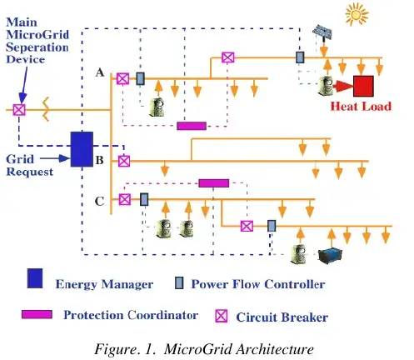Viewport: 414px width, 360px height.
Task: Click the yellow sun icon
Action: pyautogui.click(x=380, y=15)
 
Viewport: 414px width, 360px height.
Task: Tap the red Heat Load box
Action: pyautogui.click(x=363, y=86)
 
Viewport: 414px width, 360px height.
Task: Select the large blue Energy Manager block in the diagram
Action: pyautogui.click(x=81, y=149)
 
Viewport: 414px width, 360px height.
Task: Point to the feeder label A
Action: pyautogui.click(x=100, y=73)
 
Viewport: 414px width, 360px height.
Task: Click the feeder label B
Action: pyautogui.click(x=99, y=159)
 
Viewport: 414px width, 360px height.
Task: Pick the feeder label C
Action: pyautogui.click(x=100, y=200)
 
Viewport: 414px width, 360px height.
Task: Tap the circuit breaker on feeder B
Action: pyautogui.click(x=123, y=159)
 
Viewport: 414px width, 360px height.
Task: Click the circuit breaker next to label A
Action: pyautogui.click(x=122, y=78)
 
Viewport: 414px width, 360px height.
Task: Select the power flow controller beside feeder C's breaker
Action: pyautogui.click(x=144, y=200)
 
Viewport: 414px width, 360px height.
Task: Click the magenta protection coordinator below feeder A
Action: pyautogui.click(x=191, y=126)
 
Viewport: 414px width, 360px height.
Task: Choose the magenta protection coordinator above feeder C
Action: pyautogui.click(x=213, y=182)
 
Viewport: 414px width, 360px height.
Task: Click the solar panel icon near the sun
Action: pyautogui.click(x=322, y=35)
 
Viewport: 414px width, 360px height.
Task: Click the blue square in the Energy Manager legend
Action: pyautogui.click(x=34, y=277)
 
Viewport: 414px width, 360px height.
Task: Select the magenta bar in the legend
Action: pyautogui.click(x=36, y=314)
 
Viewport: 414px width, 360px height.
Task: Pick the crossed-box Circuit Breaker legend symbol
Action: pyautogui.click(x=222, y=316)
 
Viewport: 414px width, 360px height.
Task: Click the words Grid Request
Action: pyautogui.click(x=29, y=165)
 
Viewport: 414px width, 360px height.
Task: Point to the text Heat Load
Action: pyautogui.click(x=361, y=107)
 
